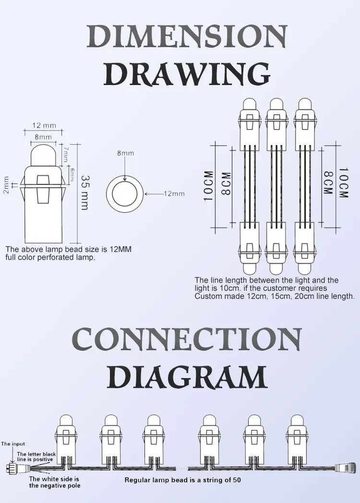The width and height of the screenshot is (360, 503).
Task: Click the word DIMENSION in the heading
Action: [x=187, y=36]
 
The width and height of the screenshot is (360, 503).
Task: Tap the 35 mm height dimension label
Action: [x=84, y=192]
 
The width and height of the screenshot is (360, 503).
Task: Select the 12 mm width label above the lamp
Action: [x=44, y=126]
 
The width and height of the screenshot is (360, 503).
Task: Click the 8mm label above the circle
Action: [x=125, y=153]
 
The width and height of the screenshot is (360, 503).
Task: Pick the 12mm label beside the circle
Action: [x=174, y=194]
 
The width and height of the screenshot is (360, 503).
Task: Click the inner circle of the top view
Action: [x=125, y=195]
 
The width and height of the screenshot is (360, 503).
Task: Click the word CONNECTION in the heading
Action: [x=187, y=339]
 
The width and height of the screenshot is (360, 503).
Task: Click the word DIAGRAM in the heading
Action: [x=187, y=377]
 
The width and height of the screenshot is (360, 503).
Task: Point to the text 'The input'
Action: [x=13, y=444]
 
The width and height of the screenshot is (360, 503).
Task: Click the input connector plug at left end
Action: [x=11, y=469]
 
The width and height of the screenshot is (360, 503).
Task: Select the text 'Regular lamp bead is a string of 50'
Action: [x=182, y=480]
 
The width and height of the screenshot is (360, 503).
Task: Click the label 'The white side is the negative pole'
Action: [x=54, y=482]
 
